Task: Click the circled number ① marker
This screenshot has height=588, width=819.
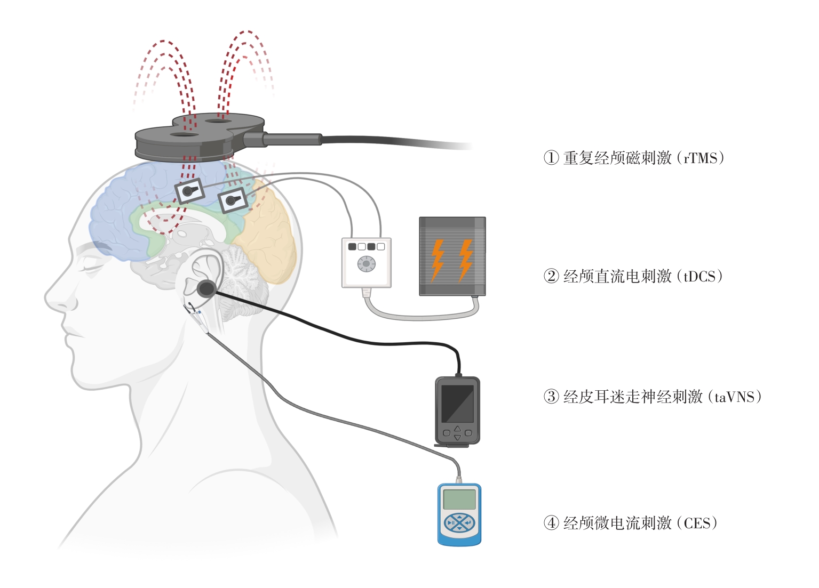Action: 551,158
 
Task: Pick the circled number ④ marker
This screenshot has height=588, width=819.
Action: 551,523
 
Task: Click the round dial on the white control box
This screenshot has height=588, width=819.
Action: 366,263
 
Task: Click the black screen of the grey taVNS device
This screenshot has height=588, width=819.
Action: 457,403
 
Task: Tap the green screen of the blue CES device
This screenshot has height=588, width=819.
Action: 459,500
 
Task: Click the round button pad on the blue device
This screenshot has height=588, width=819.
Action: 459,523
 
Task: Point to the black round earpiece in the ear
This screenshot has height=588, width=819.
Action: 206,289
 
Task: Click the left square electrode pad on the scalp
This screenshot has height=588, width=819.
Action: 189,191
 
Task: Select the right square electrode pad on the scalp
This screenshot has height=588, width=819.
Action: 232,200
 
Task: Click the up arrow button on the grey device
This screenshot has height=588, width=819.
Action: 457,428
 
